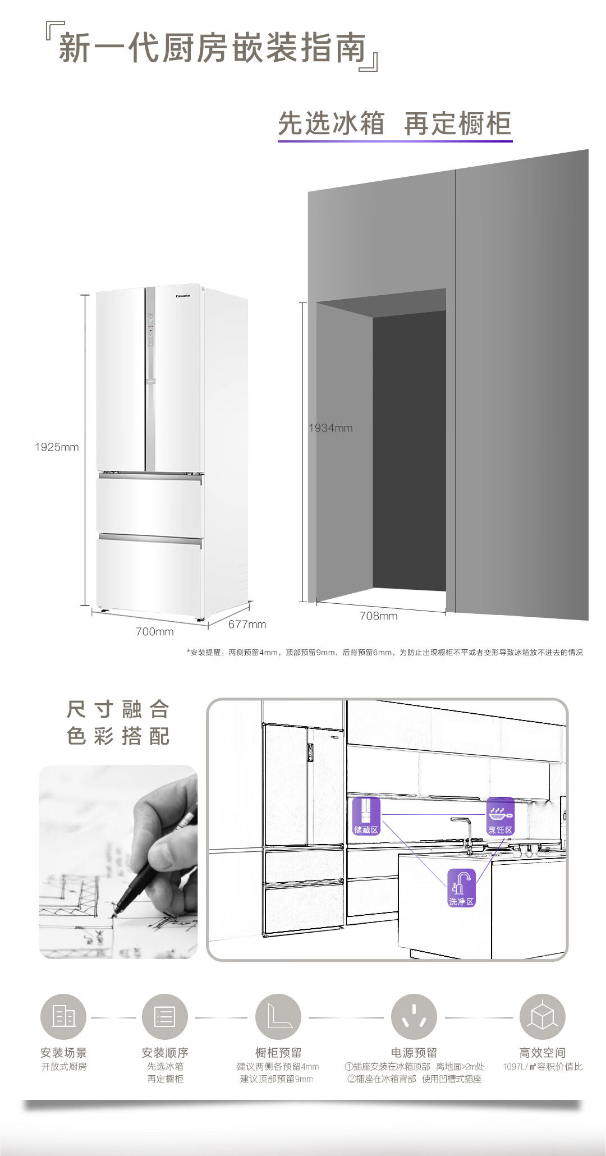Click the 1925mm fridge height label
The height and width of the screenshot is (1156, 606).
click(57, 447)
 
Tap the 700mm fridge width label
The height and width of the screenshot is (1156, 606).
click(154, 631)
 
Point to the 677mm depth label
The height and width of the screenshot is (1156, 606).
click(247, 624)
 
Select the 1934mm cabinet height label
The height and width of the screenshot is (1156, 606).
click(330, 428)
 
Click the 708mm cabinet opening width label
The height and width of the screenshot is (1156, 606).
click(378, 616)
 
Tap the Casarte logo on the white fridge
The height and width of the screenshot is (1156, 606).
click(183, 296)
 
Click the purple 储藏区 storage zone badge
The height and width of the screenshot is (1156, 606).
click(366, 815)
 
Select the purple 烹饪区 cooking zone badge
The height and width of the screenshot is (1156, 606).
click(500, 815)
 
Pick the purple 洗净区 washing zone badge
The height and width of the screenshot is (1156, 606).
click(461, 887)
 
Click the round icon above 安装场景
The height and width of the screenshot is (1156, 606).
click(63, 1017)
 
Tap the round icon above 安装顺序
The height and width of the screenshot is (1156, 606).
click(165, 1017)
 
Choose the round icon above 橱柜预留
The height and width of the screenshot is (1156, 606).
click(278, 1017)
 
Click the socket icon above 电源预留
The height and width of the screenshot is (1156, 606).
click(414, 1017)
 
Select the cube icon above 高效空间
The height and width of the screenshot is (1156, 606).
click(542, 1017)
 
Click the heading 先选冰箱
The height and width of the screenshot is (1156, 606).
click(331, 123)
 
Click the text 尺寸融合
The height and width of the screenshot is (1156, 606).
click(118, 709)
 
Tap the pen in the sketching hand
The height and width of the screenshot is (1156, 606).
click(146, 881)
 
